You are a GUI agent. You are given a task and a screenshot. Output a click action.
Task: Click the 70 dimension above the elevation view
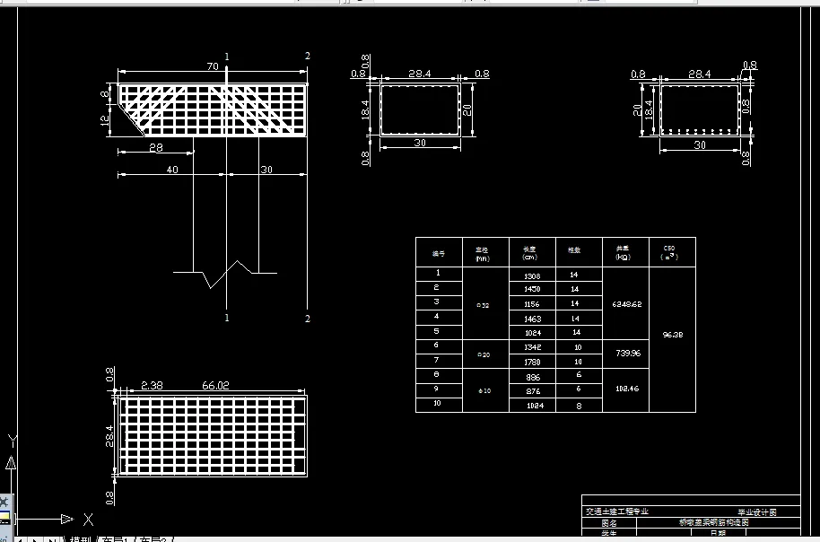tap(213, 66)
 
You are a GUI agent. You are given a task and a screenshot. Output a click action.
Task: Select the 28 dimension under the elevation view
tap(156, 147)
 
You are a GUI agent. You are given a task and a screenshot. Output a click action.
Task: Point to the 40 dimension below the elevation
tap(172, 170)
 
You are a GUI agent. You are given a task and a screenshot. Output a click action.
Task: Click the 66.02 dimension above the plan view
tap(215, 385)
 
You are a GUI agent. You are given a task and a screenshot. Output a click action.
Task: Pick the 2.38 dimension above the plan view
tap(153, 385)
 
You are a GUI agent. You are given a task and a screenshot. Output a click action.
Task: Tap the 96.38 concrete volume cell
tap(671, 334)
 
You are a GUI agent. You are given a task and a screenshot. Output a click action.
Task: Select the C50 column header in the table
tap(669, 251)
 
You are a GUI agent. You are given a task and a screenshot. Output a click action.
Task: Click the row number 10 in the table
tap(438, 405)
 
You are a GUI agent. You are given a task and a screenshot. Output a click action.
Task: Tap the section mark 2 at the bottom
tap(307, 319)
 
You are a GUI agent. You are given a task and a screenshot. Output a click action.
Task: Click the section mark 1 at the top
tap(227, 57)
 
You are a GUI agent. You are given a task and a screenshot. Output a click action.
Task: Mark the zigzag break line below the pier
tap(224, 273)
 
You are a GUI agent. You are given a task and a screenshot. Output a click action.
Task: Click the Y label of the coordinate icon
tap(12, 441)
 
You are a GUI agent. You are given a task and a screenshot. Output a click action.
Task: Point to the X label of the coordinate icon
tap(88, 519)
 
